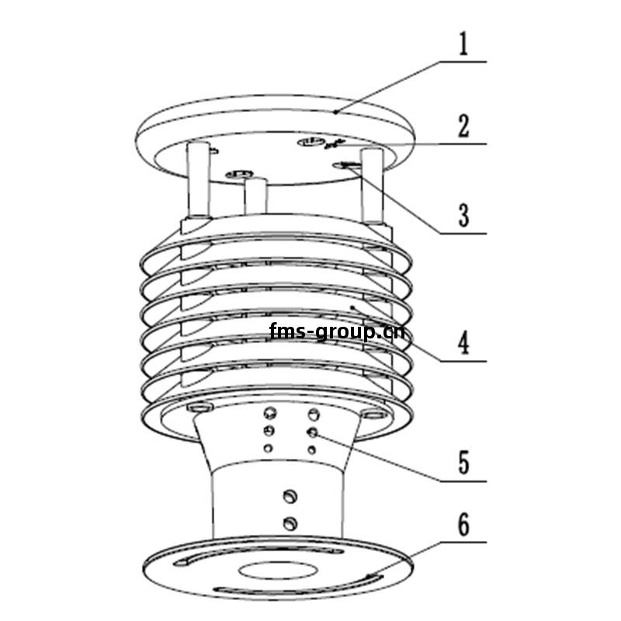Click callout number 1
coord(463,43)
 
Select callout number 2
coord(463,127)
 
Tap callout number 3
coord(463,215)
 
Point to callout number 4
coord(463,342)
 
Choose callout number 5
coord(463,462)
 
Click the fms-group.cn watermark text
coord(337,331)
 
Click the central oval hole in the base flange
coord(278,571)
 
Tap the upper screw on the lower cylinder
coord(290,496)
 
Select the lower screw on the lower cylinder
coord(290,523)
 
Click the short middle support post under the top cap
coord(255,196)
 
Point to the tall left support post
coord(199,180)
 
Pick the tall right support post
coord(373,186)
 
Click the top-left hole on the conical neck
coord(270,414)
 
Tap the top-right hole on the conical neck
coord(314,415)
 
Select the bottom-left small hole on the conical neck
coord(268,449)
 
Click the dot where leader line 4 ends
coord(352,307)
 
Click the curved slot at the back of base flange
coord(258,554)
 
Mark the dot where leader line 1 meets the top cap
coord(335,112)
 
